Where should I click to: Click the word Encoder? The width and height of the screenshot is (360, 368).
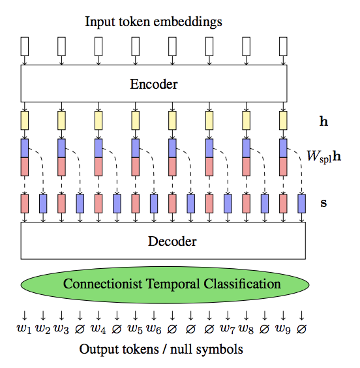click(154, 84)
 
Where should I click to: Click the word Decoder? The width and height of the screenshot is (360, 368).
click(172, 241)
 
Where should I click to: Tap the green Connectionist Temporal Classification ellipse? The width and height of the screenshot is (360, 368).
click(165, 284)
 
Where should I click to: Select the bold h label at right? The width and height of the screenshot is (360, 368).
click(323, 121)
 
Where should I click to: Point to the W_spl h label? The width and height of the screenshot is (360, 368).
click(324, 156)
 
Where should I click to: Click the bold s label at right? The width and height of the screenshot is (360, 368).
click(323, 203)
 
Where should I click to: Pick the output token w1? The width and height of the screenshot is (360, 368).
click(24, 329)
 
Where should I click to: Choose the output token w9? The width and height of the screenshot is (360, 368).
click(283, 329)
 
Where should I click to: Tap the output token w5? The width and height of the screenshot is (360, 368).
click(135, 329)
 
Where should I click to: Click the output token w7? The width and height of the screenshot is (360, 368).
click(228, 329)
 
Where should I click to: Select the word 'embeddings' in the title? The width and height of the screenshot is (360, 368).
click(188, 22)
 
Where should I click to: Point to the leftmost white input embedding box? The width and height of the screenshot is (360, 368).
click(25, 46)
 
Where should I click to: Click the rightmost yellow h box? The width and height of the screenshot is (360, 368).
click(283, 121)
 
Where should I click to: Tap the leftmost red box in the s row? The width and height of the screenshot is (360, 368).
click(25, 204)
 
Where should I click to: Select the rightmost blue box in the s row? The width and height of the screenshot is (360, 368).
click(301, 204)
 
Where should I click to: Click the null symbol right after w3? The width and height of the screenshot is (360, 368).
click(80, 329)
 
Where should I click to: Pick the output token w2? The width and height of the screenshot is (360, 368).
click(42, 329)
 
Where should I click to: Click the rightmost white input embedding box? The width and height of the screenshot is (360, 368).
click(283, 46)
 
